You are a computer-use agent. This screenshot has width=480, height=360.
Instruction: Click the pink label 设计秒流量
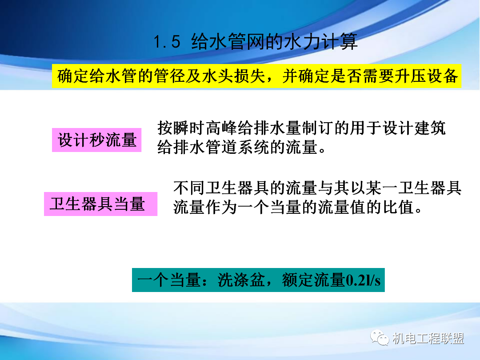tap(97, 140)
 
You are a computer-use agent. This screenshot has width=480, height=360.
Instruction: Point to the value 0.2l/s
tap(363, 280)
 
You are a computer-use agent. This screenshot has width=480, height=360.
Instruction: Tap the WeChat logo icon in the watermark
tap(381, 339)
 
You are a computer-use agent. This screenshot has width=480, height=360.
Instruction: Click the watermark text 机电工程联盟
tap(428, 339)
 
